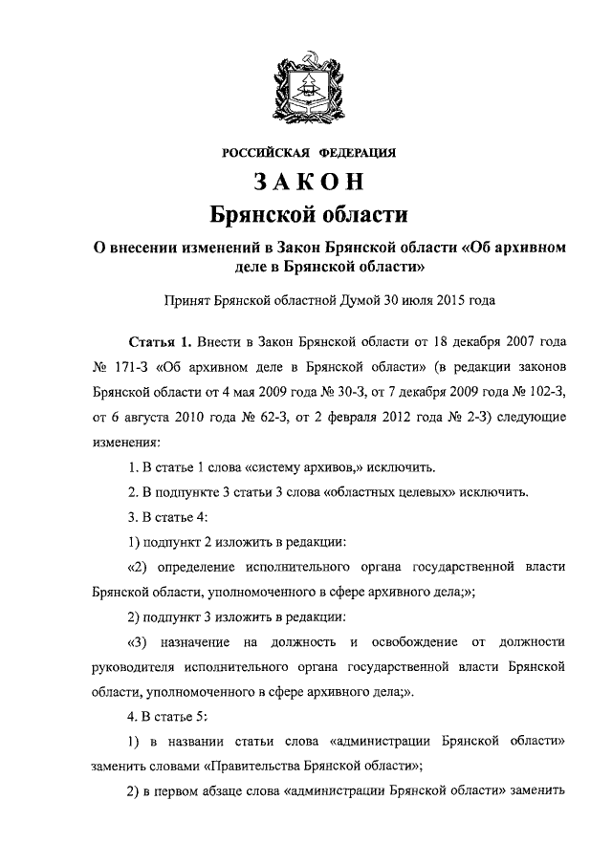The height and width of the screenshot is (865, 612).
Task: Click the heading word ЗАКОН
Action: (x=306, y=182)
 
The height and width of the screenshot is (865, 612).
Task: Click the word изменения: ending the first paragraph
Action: (x=127, y=442)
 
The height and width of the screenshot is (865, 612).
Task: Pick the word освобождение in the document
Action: (x=417, y=640)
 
